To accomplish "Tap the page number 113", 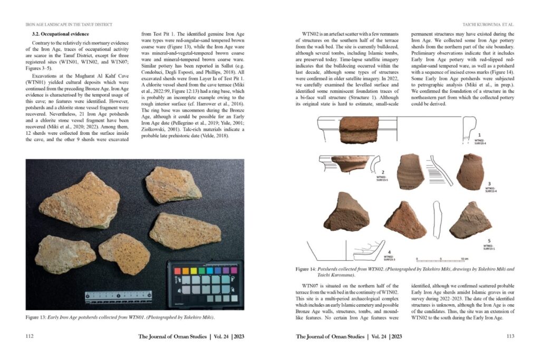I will point(509,336).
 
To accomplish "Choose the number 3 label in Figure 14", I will point(489,183).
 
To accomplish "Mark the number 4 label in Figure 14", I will point(389,252).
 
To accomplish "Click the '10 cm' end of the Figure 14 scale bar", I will point(465,259).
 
